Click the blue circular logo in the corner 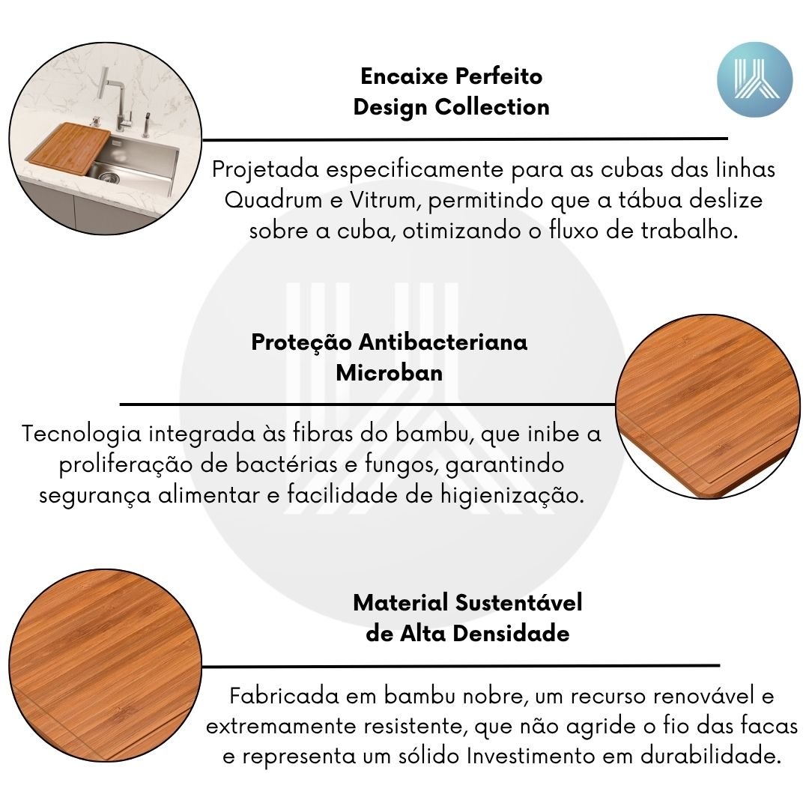pos(755,79)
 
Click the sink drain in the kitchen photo pos(109,178)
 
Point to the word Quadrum pos(273,200)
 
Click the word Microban pos(390,372)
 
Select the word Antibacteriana pos(443,342)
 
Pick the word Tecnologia pos(82,434)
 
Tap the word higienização pos(512,496)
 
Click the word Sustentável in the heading pos(519,602)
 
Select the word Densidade pos(511,634)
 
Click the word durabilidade pos(710,757)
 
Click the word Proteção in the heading pos(302,342)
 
